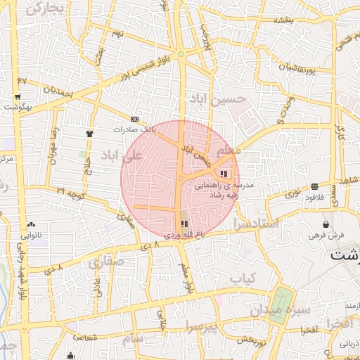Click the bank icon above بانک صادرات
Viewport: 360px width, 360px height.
[x=134, y=119]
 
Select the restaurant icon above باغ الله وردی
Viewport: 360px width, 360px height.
[x=185, y=224]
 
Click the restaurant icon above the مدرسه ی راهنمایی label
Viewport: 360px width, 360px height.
[x=224, y=174]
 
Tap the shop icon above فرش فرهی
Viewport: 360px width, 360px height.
[x=325, y=224]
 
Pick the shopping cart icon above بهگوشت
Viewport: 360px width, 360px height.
[x=17, y=96]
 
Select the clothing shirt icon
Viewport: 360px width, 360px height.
[x=89, y=132]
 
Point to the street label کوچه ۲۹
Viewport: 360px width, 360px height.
[x=70, y=191]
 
